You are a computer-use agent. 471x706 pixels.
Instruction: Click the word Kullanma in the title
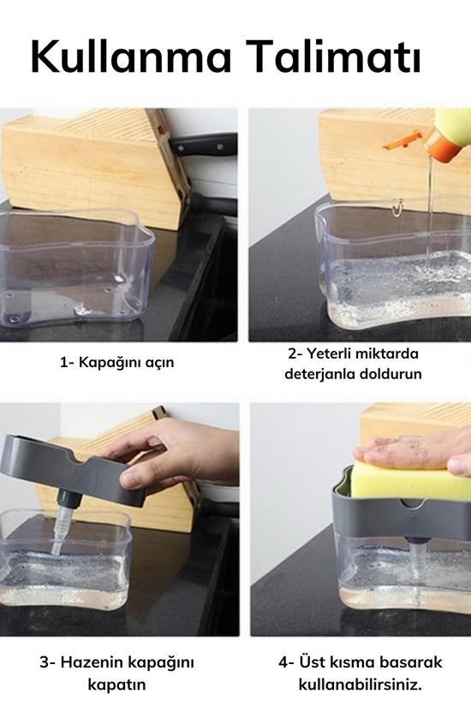pyautogui.click(x=131, y=56)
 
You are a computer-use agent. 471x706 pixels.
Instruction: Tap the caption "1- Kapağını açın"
pyautogui.click(x=117, y=362)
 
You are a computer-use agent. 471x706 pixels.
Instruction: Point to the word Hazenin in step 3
pyautogui.click(x=92, y=662)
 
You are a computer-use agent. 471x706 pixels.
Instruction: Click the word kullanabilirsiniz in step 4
pyautogui.click(x=361, y=685)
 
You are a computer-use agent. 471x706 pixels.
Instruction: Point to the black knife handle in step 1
pyautogui.click(x=202, y=144)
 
